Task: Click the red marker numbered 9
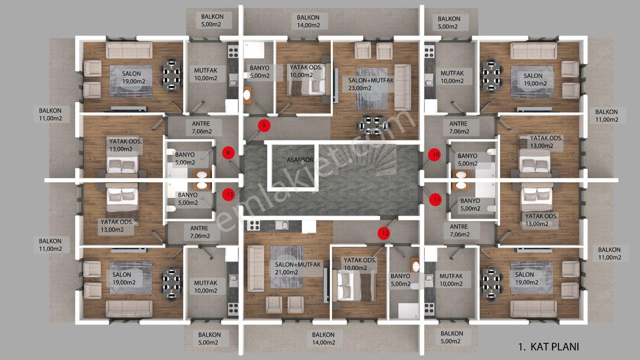point(264,126)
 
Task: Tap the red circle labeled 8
point(228,153)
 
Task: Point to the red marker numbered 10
point(434,155)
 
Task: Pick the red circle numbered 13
point(228,194)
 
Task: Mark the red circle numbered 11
point(436,200)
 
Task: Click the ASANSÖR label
point(300,160)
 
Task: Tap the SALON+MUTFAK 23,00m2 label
point(371,84)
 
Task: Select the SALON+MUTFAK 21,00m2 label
point(298,268)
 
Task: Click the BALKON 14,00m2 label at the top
point(308,22)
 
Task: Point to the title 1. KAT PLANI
point(548,347)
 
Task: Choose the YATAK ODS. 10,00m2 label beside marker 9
point(306,71)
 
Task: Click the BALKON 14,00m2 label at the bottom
point(324,338)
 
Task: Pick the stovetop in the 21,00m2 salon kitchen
point(254,226)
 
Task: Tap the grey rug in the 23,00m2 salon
point(372,88)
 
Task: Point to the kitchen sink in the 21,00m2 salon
point(282,225)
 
